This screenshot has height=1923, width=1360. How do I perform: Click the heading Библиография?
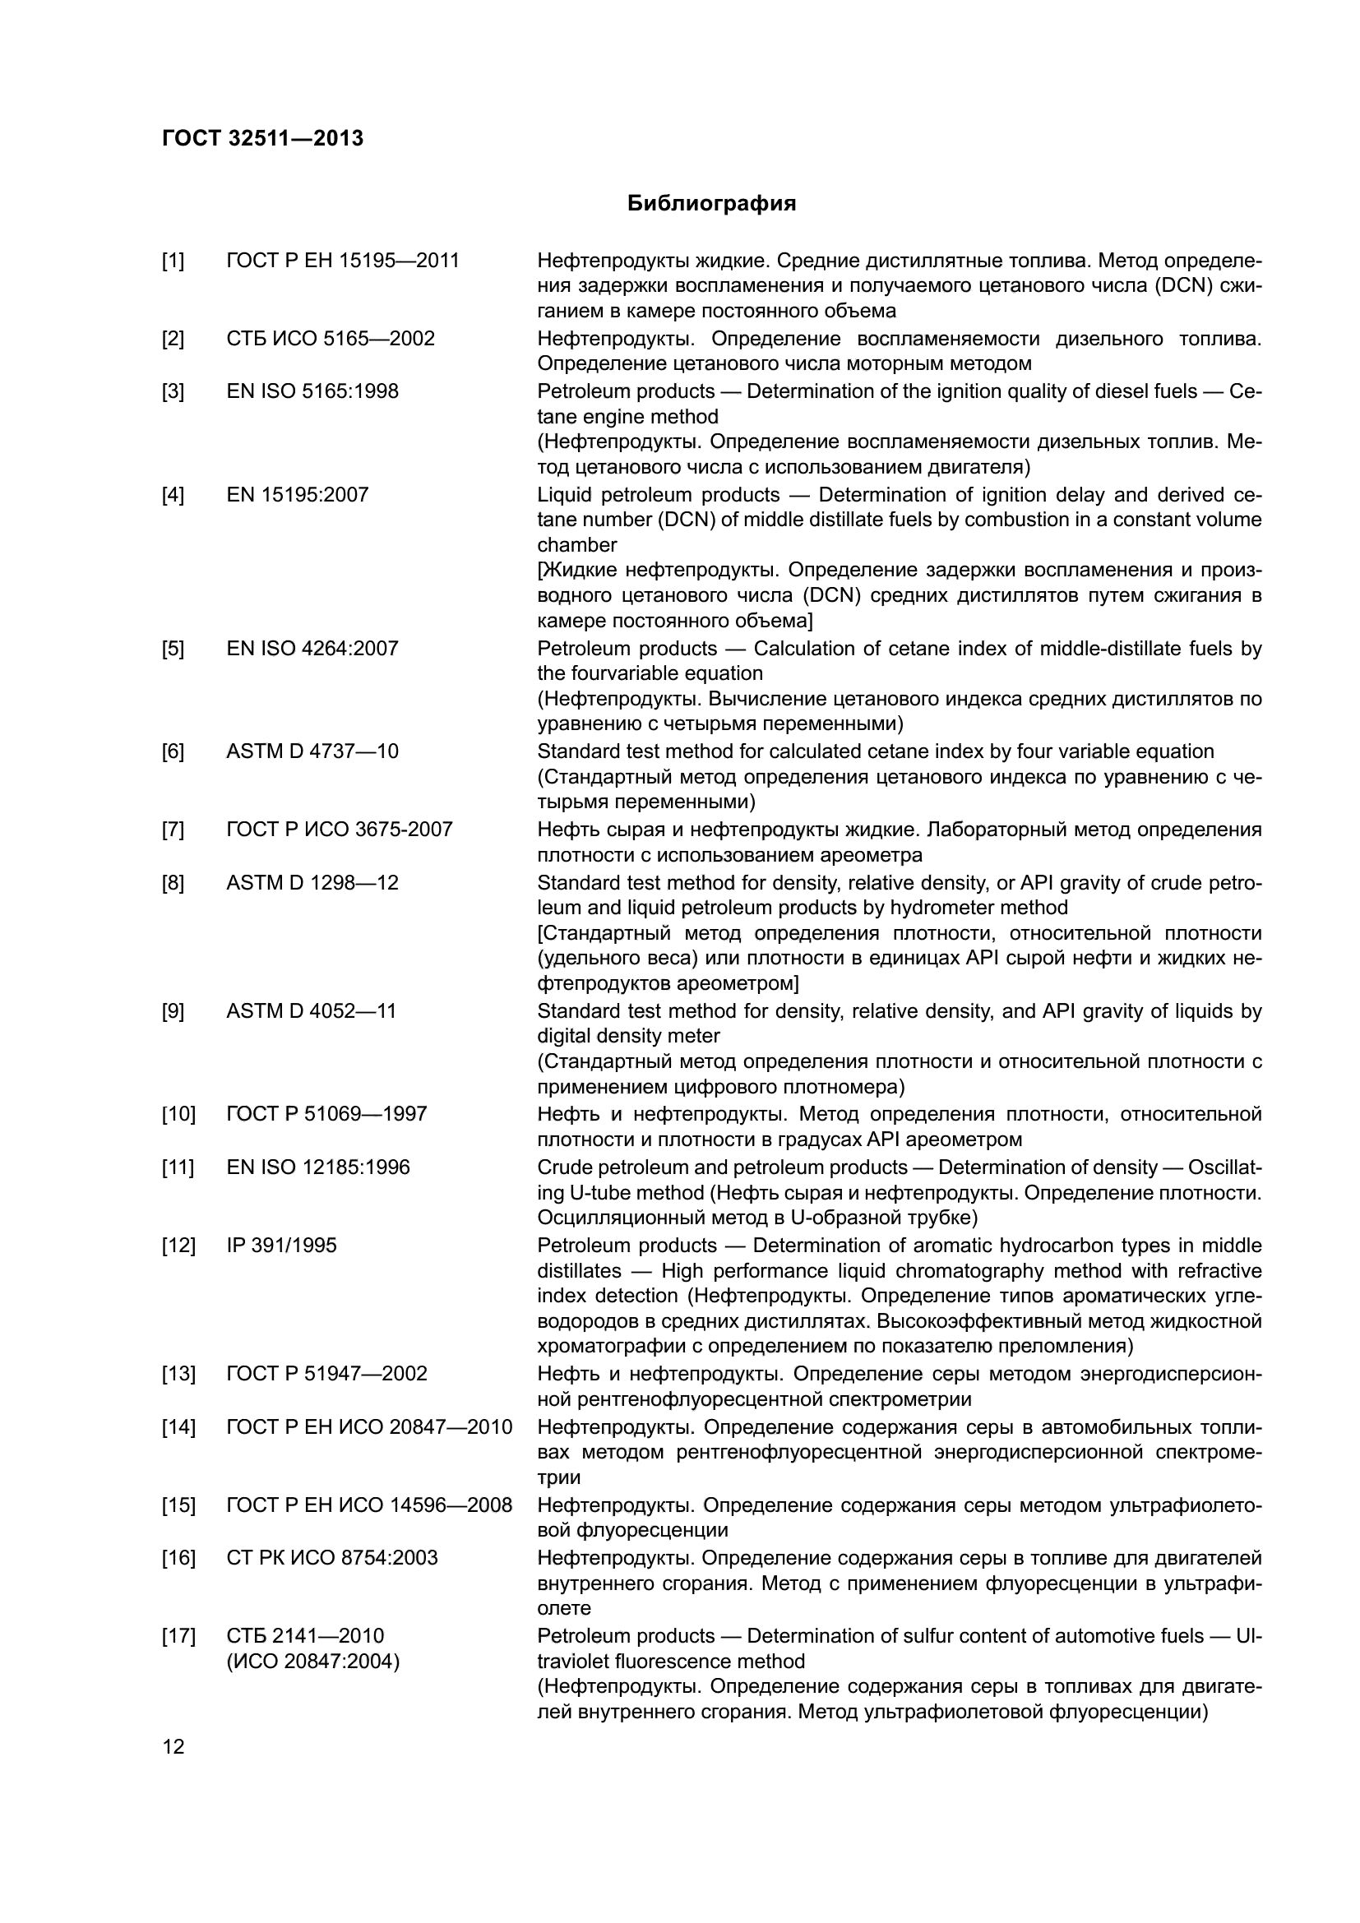point(711,204)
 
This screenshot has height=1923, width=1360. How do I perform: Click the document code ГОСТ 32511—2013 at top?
point(262,138)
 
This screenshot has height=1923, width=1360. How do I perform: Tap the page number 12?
point(173,1747)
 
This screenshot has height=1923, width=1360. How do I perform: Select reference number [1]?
point(173,261)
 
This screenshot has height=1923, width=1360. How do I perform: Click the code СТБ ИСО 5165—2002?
point(330,340)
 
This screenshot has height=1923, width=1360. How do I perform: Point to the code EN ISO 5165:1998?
point(312,391)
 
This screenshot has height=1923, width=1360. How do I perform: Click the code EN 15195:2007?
point(298,495)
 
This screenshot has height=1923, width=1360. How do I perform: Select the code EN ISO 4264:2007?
point(312,648)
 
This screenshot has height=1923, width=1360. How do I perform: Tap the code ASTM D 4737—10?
point(312,751)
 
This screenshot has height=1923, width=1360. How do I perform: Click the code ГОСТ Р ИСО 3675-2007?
point(339,830)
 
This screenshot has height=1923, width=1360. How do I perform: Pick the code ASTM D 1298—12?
point(312,883)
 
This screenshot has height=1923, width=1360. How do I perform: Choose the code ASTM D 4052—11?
point(311,1011)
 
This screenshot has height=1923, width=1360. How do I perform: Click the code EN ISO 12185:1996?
point(318,1167)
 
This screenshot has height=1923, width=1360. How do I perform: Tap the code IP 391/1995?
point(281,1246)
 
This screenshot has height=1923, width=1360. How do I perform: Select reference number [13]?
point(178,1374)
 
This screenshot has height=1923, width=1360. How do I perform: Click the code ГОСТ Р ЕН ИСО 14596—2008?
point(368,1505)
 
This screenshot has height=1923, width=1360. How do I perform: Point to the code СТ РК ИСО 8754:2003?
point(331,1557)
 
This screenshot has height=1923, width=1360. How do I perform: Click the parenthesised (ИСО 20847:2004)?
point(313,1661)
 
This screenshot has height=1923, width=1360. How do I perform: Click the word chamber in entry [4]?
point(577,545)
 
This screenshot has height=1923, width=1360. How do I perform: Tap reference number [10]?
point(178,1114)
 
